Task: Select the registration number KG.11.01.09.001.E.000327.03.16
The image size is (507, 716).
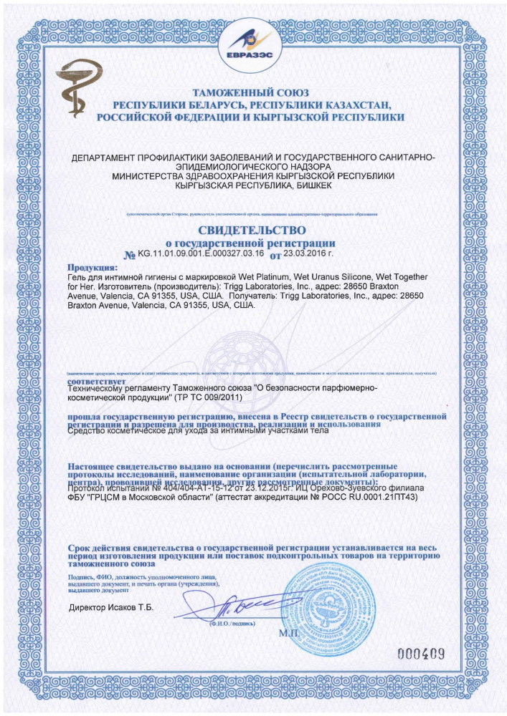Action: [202, 253]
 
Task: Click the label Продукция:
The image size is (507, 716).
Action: [92, 266]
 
